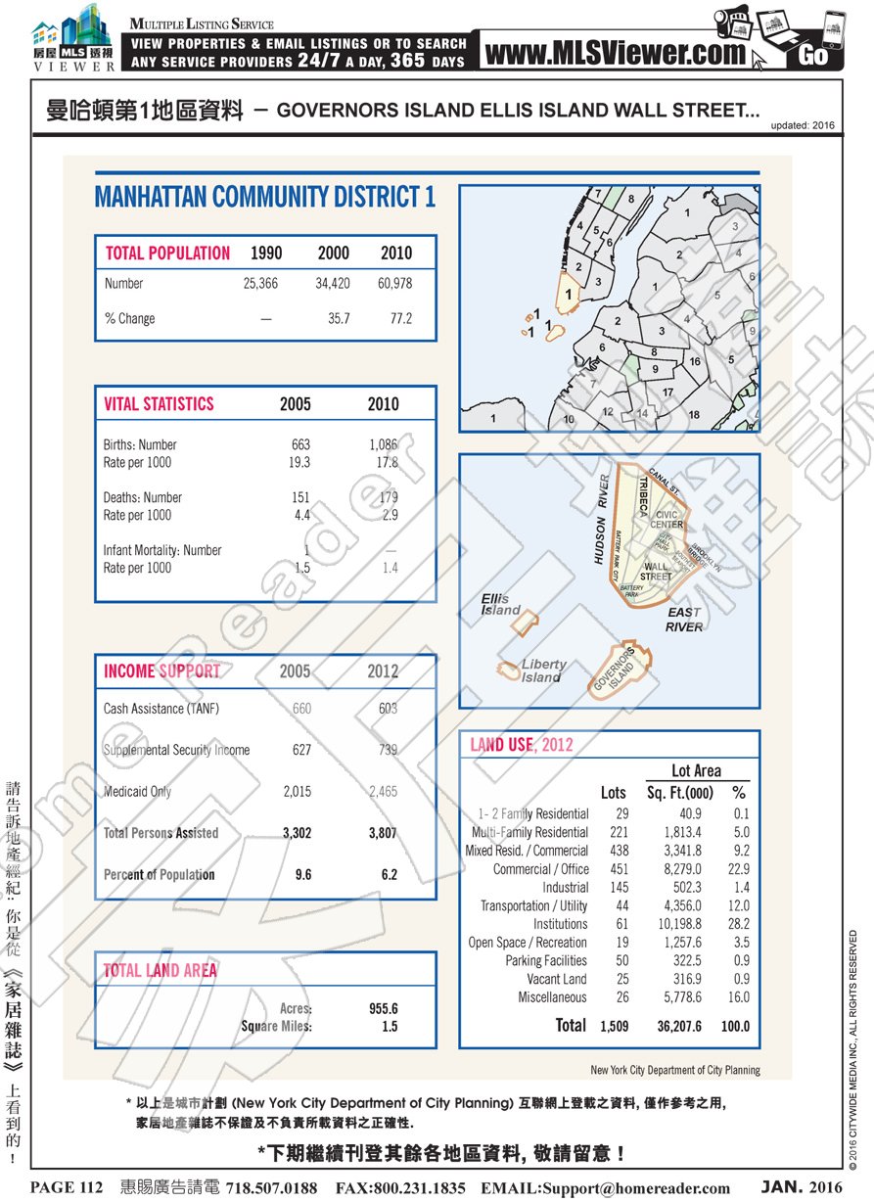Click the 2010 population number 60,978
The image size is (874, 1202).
click(395, 284)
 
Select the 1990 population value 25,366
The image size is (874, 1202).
click(260, 284)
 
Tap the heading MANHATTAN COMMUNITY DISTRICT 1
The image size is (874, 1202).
click(265, 197)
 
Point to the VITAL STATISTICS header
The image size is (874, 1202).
click(159, 404)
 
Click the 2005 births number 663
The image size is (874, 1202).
click(300, 444)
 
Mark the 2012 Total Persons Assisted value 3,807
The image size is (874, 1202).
click(383, 834)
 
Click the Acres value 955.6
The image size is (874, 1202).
click(383, 1009)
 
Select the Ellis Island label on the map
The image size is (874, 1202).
click(500, 604)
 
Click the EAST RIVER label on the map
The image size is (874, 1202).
click(684, 620)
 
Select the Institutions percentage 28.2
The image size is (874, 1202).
click(739, 924)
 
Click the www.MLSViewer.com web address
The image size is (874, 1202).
click(615, 54)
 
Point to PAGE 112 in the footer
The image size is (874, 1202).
click(67, 1188)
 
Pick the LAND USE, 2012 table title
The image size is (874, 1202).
click(522, 745)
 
